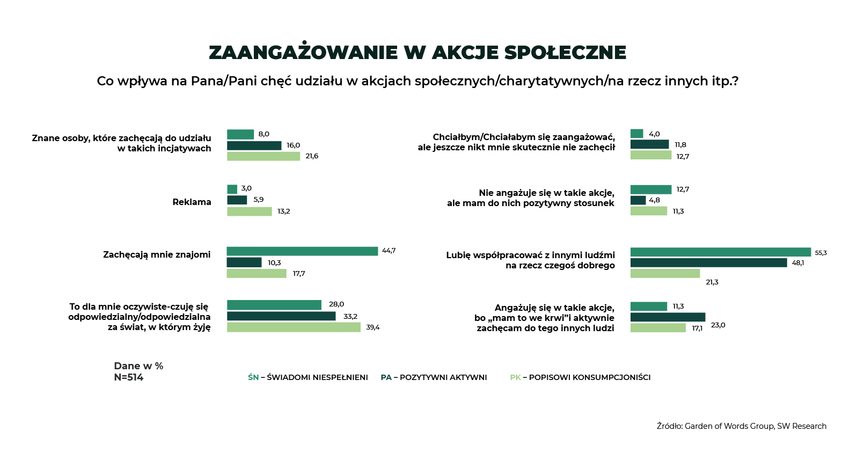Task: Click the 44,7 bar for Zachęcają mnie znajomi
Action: pyautogui.click(x=302, y=251)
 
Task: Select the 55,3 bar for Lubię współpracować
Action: pyautogui.click(x=720, y=252)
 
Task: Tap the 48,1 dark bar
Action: pyautogui.click(x=708, y=262)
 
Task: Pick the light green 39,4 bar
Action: pyautogui.click(x=294, y=327)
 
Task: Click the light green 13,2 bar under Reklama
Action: pyautogui.click(x=250, y=211)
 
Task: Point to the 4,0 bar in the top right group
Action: pyautogui.click(x=636, y=134)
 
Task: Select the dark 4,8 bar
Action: pyautogui.click(x=638, y=200)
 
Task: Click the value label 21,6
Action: pyautogui.click(x=312, y=156)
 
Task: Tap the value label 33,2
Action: pyautogui.click(x=350, y=317)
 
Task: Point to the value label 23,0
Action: pyautogui.click(x=718, y=325)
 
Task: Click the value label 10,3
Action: pyautogui.click(x=274, y=263)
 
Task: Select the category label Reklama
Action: pyautogui.click(x=192, y=202)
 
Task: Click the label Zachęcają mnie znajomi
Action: pyautogui.click(x=157, y=254)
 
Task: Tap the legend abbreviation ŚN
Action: pyautogui.click(x=253, y=377)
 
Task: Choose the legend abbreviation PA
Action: pyautogui.click(x=386, y=377)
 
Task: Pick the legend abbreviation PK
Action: pyautogui.click(x=515, y=377)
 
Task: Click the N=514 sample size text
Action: pyautogui.click(x=129, y=377)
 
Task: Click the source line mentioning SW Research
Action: pyautogui.click(x=741, y=426)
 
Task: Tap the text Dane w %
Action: pyautogui.click(x=138, y=366)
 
